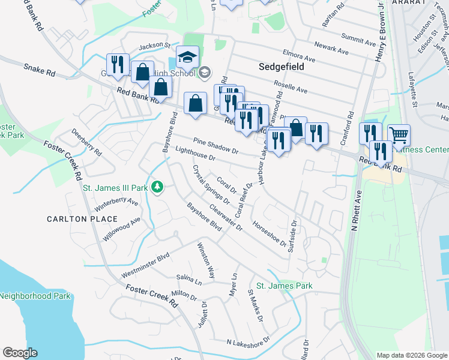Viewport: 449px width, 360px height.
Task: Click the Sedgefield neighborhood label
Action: coord(281,67)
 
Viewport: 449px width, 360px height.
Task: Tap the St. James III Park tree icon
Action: coord(157,188)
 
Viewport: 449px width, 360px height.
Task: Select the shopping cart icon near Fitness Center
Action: coord(399,136)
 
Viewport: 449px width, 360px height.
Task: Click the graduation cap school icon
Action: coord(187,58)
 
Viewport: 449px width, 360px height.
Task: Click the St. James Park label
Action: coord(285,286)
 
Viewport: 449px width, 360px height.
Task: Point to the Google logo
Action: coord(20,353)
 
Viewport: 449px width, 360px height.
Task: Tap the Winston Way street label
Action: coord(206,260)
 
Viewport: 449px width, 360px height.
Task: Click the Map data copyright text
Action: coord(411,355)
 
